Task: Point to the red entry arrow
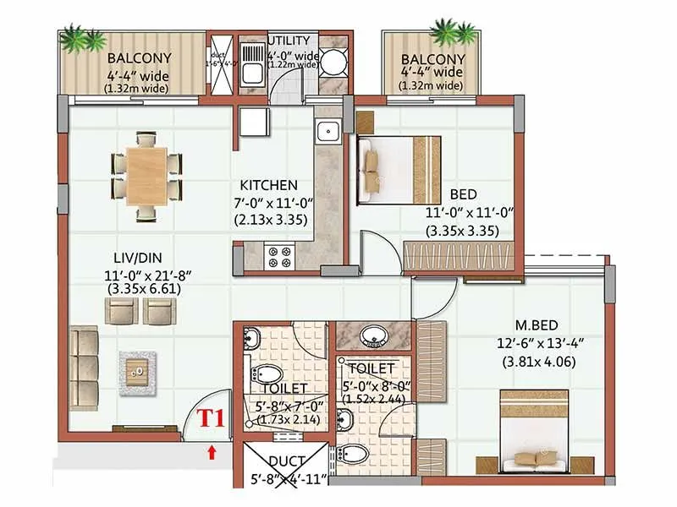211,452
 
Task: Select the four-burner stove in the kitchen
278,257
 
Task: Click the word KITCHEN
268,185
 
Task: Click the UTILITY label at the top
293,41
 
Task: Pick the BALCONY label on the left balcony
140,58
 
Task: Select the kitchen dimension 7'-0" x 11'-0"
270,203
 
